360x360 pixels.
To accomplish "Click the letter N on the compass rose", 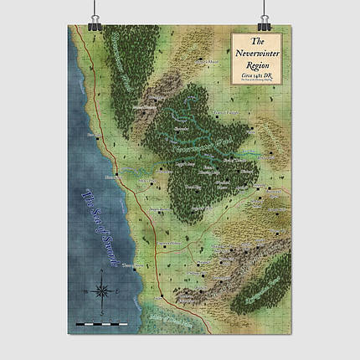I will pos(100,275).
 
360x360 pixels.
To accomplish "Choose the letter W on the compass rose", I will pos(85,291).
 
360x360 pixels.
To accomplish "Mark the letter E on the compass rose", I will pos(116,291).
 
